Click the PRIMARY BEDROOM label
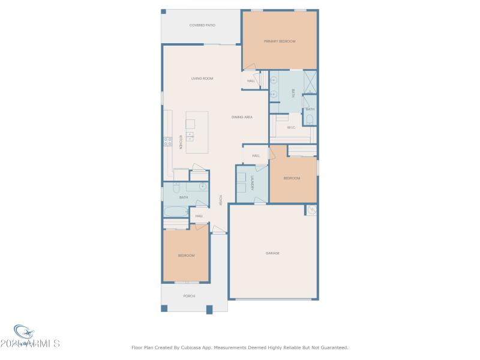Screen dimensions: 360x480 pos(280,41)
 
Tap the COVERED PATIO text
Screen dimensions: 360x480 pos(202,25)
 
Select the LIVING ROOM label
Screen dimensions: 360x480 pos(202,79)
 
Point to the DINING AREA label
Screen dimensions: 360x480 pos(242,117)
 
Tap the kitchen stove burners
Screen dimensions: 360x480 pos(167,142)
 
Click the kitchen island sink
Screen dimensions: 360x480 pos(190,136)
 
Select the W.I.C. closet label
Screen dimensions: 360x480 pos(291,127)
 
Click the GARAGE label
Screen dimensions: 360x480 pos(273,253)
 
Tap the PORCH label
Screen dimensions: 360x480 pos(189,296)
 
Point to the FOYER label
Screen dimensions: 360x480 pos(220,200)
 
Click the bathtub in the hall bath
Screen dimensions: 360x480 pos(176,212)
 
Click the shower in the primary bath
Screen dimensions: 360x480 pos(310,82)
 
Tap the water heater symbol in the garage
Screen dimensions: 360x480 pos(311,209)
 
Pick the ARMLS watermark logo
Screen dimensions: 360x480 pos(36,339)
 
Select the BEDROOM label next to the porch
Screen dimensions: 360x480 pos(186,256)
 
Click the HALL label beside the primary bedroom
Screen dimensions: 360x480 pos(251,81)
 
